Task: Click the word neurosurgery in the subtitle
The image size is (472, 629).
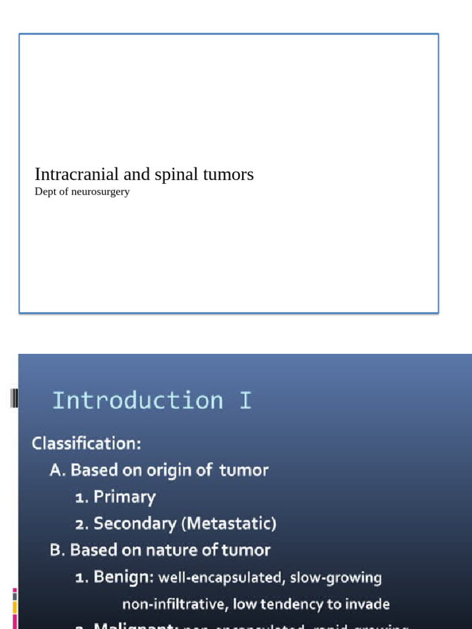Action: pyautogui.click(x=100, y=192)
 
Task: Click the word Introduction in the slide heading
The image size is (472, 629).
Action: pyautogui.click(x=138, y=400)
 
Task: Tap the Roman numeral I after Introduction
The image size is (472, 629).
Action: pyautogui.click(x=245, y=400)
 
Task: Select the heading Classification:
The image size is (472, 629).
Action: pyautogui.click(x=87, y=443)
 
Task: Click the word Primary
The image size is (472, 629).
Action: pyautogui.click(x=125, y=497)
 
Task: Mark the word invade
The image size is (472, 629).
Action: pyautogui.click(x=367, y=604)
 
